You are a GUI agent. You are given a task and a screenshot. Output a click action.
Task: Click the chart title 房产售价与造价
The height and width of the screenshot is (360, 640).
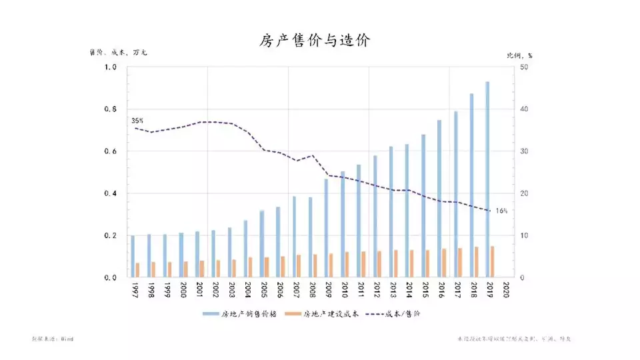click(x=314, y=41)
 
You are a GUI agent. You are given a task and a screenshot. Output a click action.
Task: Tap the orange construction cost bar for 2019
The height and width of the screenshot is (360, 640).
click(x=493, y=261)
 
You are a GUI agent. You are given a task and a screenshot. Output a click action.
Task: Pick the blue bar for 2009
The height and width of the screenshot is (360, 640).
click(x=326, y=227)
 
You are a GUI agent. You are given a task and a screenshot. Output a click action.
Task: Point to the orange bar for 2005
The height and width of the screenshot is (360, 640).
click(x=267, y=267)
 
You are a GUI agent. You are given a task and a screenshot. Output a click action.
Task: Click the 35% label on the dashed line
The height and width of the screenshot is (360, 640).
click(x=137, y=121)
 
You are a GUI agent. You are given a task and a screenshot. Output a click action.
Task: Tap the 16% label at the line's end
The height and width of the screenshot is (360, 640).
click(x=501, y=211)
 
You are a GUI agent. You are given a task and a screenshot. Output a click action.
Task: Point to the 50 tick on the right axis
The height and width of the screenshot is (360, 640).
click(x=523, y=67)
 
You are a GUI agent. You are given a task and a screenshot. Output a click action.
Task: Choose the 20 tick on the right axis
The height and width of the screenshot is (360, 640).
click(x=523, y=193)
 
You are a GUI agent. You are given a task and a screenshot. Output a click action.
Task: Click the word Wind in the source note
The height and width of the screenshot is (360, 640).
click(x=66, y=339)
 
